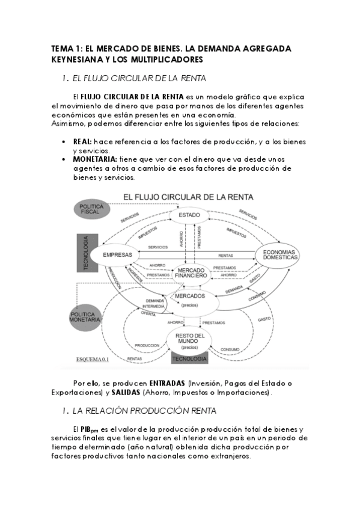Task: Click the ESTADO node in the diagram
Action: (x=189, y=215)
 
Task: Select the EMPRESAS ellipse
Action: (x=117, y=255)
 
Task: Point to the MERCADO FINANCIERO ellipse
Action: (x=191, y=274)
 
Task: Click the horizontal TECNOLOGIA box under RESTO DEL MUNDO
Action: (x=189, y=360)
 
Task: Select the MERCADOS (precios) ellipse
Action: (x=189, y=300)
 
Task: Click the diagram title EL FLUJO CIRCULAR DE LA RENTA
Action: (x=188, y=197)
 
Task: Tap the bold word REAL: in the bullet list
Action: (x=82, y=141)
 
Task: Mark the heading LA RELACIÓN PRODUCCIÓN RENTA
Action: (x=141, y=411)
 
